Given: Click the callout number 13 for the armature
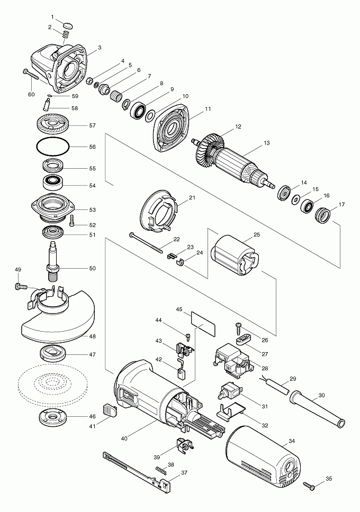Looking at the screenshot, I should [x=266, y=143].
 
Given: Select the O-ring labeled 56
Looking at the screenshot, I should [x=52, y=147].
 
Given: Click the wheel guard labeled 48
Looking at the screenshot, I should [x=58, y=317].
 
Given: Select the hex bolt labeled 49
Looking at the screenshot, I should [x=22, y=287].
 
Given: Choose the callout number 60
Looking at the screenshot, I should [x=31, y=94].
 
